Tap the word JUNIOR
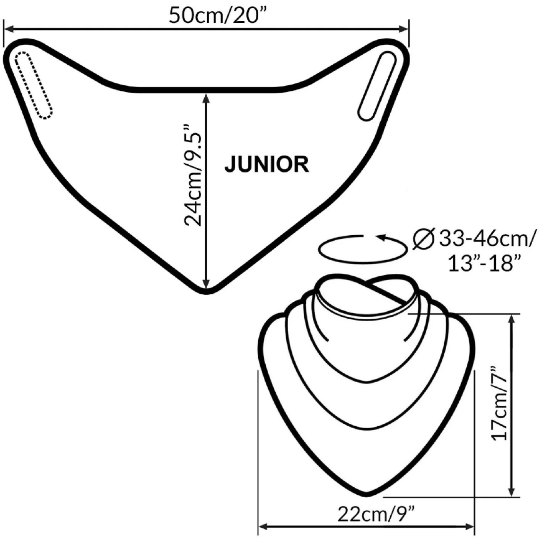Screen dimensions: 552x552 click(267, 164)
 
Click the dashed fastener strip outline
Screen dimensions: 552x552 click(34, 85)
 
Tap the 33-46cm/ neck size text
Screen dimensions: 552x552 click(486, 239)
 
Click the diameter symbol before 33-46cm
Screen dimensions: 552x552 click(423, 239)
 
